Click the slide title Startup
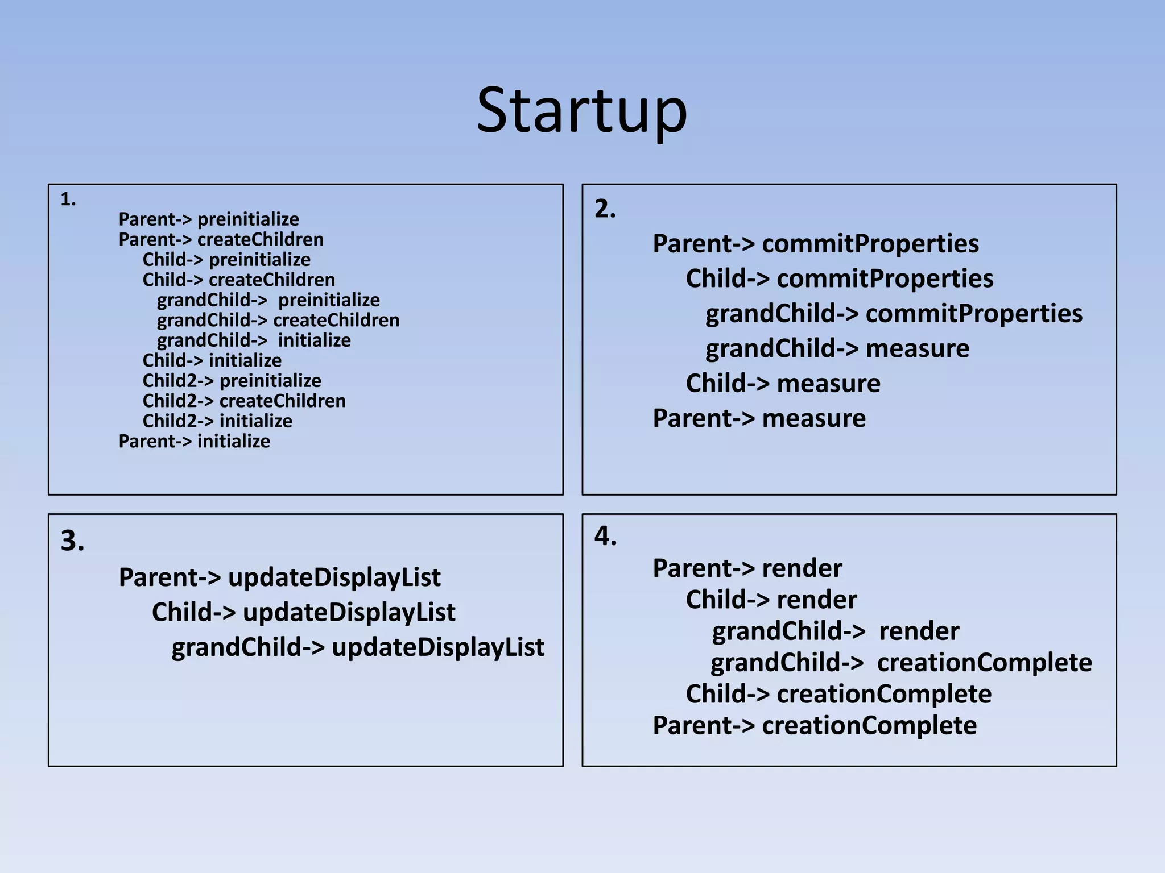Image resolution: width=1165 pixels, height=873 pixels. (582, 111)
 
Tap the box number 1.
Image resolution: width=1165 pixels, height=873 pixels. (68, 199)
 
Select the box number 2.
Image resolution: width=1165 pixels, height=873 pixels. (605, 209)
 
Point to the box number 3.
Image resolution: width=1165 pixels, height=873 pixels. (72, 541)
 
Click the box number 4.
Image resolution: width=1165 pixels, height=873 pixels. (605, 536)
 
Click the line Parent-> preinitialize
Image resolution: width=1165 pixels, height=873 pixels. (208, 219)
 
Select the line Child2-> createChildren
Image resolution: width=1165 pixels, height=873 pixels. (244, 401)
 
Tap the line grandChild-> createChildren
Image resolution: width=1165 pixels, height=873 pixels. (278, 321)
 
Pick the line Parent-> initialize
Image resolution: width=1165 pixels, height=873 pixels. (194, 442)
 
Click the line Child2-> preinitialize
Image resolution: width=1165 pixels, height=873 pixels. (232, 381)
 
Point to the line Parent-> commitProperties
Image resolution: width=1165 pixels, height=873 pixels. (815, 244)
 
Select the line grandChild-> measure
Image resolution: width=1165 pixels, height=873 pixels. (837, 348)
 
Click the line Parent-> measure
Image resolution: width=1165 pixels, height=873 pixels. (759, 418)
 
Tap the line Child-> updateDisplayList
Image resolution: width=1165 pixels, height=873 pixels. (303, 613)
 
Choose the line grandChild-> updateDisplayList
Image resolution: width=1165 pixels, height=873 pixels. (358, 647)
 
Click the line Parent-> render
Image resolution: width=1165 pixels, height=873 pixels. (747, 568)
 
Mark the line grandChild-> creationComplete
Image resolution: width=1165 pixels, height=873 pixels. (901, 663)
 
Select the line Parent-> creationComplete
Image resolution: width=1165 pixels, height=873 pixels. (814, 726)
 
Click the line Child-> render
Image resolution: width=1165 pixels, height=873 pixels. (771, 600)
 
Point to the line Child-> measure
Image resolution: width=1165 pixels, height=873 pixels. (783, 384)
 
